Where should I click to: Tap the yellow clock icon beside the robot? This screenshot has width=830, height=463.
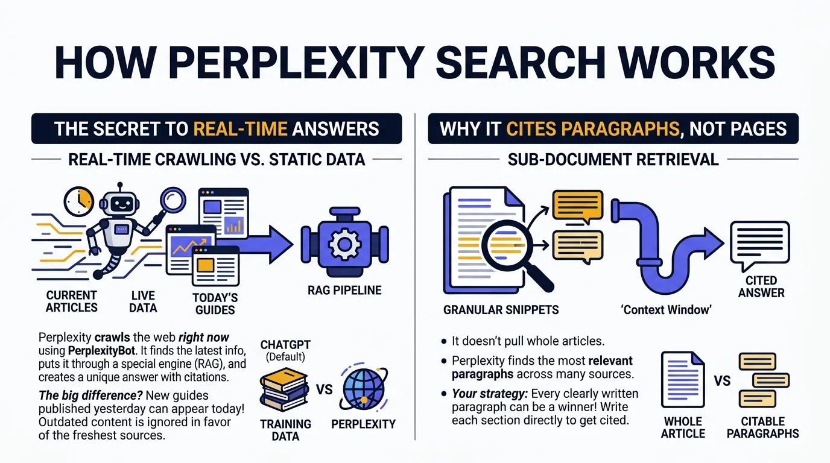click(79, 202)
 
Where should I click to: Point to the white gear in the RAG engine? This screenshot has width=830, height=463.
click(344, 244)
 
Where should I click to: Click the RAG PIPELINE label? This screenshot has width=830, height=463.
click(344, 291)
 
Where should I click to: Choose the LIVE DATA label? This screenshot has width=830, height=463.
click(143, 301)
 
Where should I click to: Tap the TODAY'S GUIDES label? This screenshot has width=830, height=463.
click(215, 304)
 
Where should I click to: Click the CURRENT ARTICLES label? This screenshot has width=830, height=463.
click(72, 301)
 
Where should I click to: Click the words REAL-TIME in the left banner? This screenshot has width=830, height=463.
click(240, 129)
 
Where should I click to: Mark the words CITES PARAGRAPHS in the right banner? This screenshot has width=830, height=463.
click(593, 129)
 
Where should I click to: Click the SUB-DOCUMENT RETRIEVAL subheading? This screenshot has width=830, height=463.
click(613, 160)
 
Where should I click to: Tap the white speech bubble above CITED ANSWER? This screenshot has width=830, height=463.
click(759, 245)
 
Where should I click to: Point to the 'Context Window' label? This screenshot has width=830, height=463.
click(666, 310)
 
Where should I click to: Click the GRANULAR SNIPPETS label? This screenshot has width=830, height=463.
click(501, 310)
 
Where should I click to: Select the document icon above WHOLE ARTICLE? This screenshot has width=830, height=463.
click(683, 380)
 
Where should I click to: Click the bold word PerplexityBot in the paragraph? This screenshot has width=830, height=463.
click(101, 350)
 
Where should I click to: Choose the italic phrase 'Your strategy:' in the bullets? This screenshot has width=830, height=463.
click(490, 394)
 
